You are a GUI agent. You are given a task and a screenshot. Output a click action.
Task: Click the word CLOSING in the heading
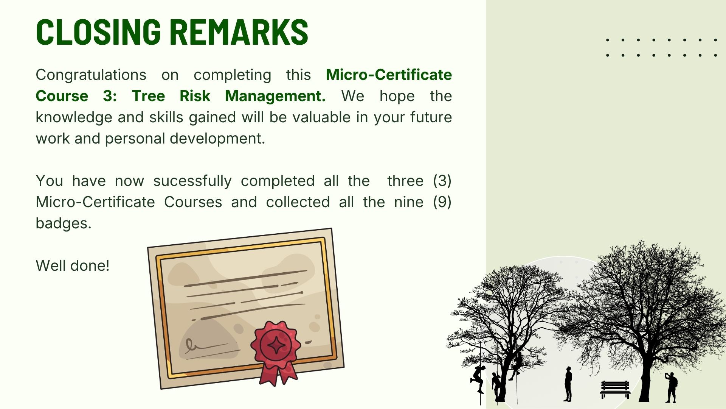[98, 31]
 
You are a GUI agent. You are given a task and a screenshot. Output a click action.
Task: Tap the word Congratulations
[91, 75]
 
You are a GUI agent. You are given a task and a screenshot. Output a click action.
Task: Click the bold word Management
[275, 96]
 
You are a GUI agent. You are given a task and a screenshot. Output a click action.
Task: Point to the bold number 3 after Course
[110, 96]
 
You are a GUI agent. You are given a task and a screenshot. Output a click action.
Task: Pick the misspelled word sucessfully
[192, 181]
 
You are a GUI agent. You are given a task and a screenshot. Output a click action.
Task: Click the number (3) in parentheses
[442, 181]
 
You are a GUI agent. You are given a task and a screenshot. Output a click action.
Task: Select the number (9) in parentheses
[442, 202]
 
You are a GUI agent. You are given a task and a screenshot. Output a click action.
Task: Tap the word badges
[64, 223]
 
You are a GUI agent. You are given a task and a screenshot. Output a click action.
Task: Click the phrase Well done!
[73, 265]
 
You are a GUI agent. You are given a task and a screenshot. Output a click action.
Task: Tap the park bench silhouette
[615, 389]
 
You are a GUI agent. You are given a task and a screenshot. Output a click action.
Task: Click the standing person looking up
[568, 384]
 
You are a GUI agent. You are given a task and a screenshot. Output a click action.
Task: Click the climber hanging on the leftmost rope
[478, 379]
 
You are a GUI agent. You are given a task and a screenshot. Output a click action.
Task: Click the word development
[217, 139]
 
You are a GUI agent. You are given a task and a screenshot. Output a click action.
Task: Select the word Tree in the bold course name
[148, 96]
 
